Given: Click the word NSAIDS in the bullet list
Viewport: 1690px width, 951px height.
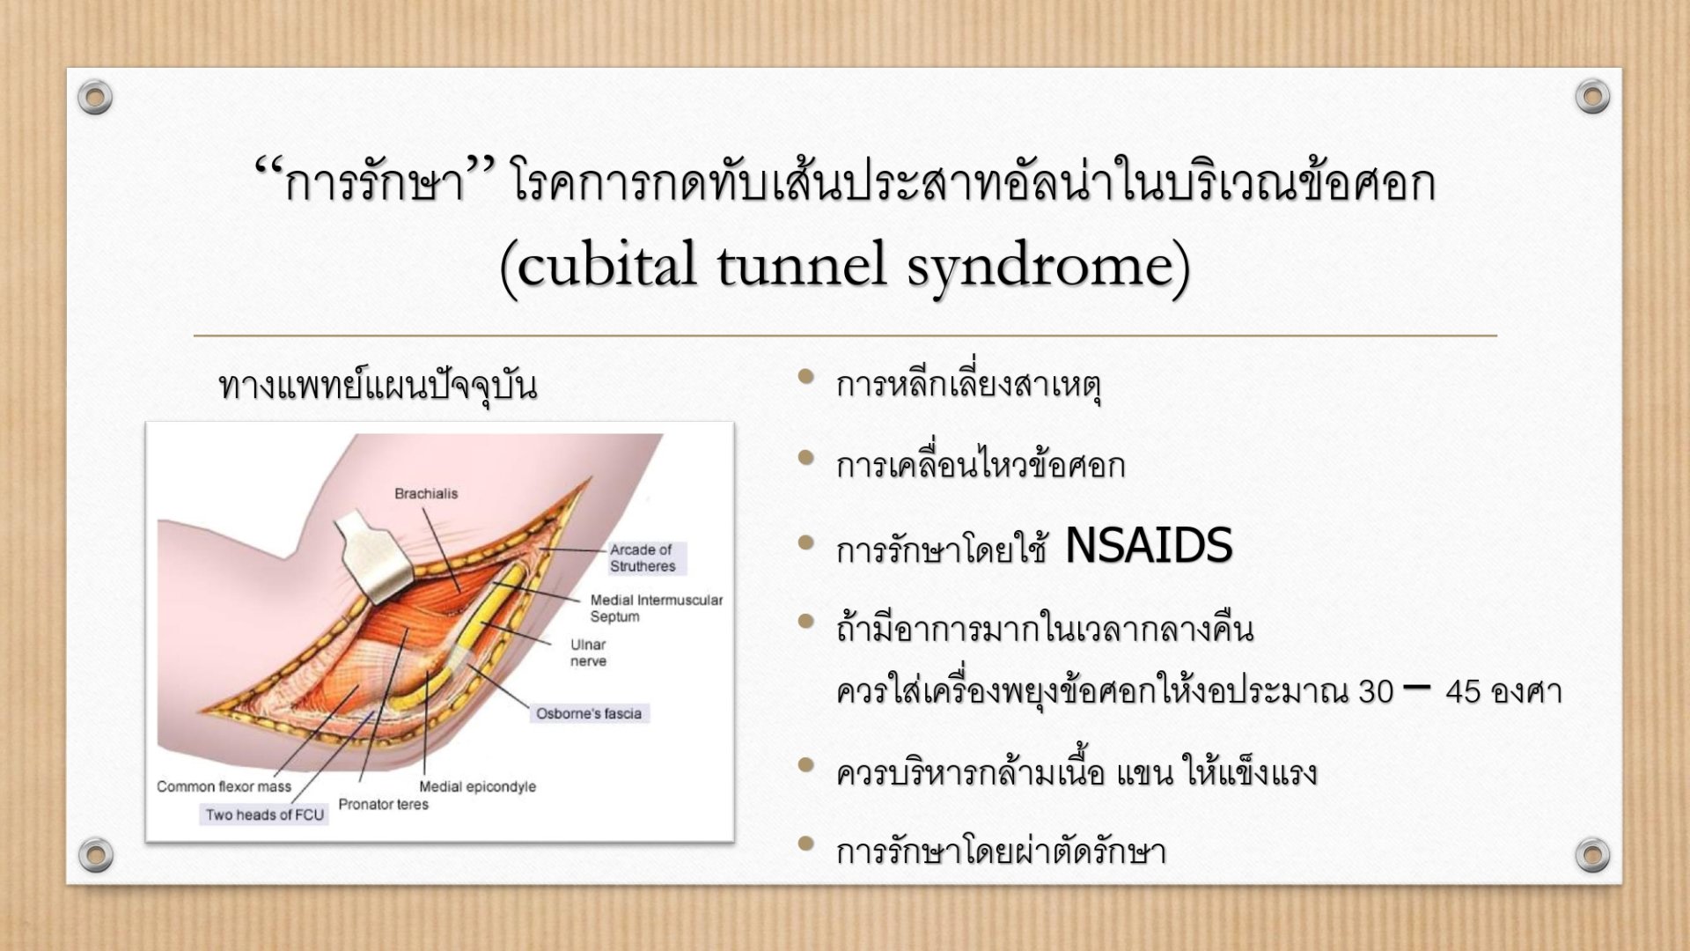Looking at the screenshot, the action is point(1148,546).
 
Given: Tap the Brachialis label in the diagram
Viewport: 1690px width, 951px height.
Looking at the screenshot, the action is point(426,493).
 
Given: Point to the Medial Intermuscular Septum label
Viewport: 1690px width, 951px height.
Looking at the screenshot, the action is point(656,608).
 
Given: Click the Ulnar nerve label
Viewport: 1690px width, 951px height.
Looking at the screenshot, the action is point(588,652).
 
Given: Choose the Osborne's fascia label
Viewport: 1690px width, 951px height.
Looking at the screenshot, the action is point(589,713).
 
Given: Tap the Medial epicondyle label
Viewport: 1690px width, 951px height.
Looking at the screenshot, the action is point(477,786).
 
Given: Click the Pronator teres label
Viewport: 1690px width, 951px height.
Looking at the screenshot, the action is point(384,804).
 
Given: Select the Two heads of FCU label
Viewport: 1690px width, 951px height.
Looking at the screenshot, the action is point(265,815).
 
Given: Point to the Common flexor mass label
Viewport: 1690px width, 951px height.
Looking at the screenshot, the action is point(224,786).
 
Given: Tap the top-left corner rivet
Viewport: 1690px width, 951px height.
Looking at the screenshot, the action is point(95,97).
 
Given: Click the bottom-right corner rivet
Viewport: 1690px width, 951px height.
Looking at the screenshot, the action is point(1592,854).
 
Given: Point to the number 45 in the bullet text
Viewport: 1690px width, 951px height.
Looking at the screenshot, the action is point(1463,692).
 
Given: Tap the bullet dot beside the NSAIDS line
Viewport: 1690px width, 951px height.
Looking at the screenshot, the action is point(805,542).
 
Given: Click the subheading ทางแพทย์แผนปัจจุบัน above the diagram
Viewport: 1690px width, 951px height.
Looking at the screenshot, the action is point(378,386).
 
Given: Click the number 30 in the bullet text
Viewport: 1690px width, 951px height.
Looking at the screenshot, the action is point(1376,692).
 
